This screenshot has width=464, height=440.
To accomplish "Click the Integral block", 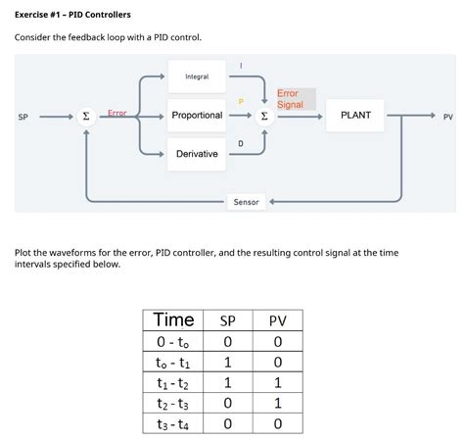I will [x=196, y=76].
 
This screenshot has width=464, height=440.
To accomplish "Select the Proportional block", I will [x=197, y=116].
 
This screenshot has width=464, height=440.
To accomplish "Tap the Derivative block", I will [x=197, y=154].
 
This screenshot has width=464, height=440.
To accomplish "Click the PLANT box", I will [x=355, y=116].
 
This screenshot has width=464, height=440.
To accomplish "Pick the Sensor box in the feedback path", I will [x=246, y=202].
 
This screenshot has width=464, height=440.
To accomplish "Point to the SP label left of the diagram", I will [x=23, y=117].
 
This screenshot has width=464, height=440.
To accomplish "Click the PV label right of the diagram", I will [x=447, y=117].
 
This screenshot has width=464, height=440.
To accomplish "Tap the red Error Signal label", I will [x=291, y=99].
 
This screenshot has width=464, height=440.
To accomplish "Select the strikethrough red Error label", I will [x=116, y=114].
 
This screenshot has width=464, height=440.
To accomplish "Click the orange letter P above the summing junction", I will [x=241, y=102].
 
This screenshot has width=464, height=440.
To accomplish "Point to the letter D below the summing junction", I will [x=241, y=144].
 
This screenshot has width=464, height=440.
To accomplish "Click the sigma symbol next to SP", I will [x=86, y=117].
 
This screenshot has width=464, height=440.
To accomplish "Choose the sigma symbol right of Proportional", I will [x=263, y=117].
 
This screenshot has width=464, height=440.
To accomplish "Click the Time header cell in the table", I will [x=174, y=320].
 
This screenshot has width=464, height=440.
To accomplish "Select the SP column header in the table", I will [x=227, y=320].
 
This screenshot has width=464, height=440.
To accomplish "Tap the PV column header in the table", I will [x=277, y=320].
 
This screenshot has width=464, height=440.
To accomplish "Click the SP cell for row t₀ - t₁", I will [x=227, y=362].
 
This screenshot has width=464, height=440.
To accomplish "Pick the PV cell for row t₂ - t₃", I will [x=277, y=403].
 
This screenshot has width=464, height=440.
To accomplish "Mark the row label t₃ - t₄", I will [x=174, y=423].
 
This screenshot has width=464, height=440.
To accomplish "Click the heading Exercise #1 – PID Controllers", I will [x=72, y=15].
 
